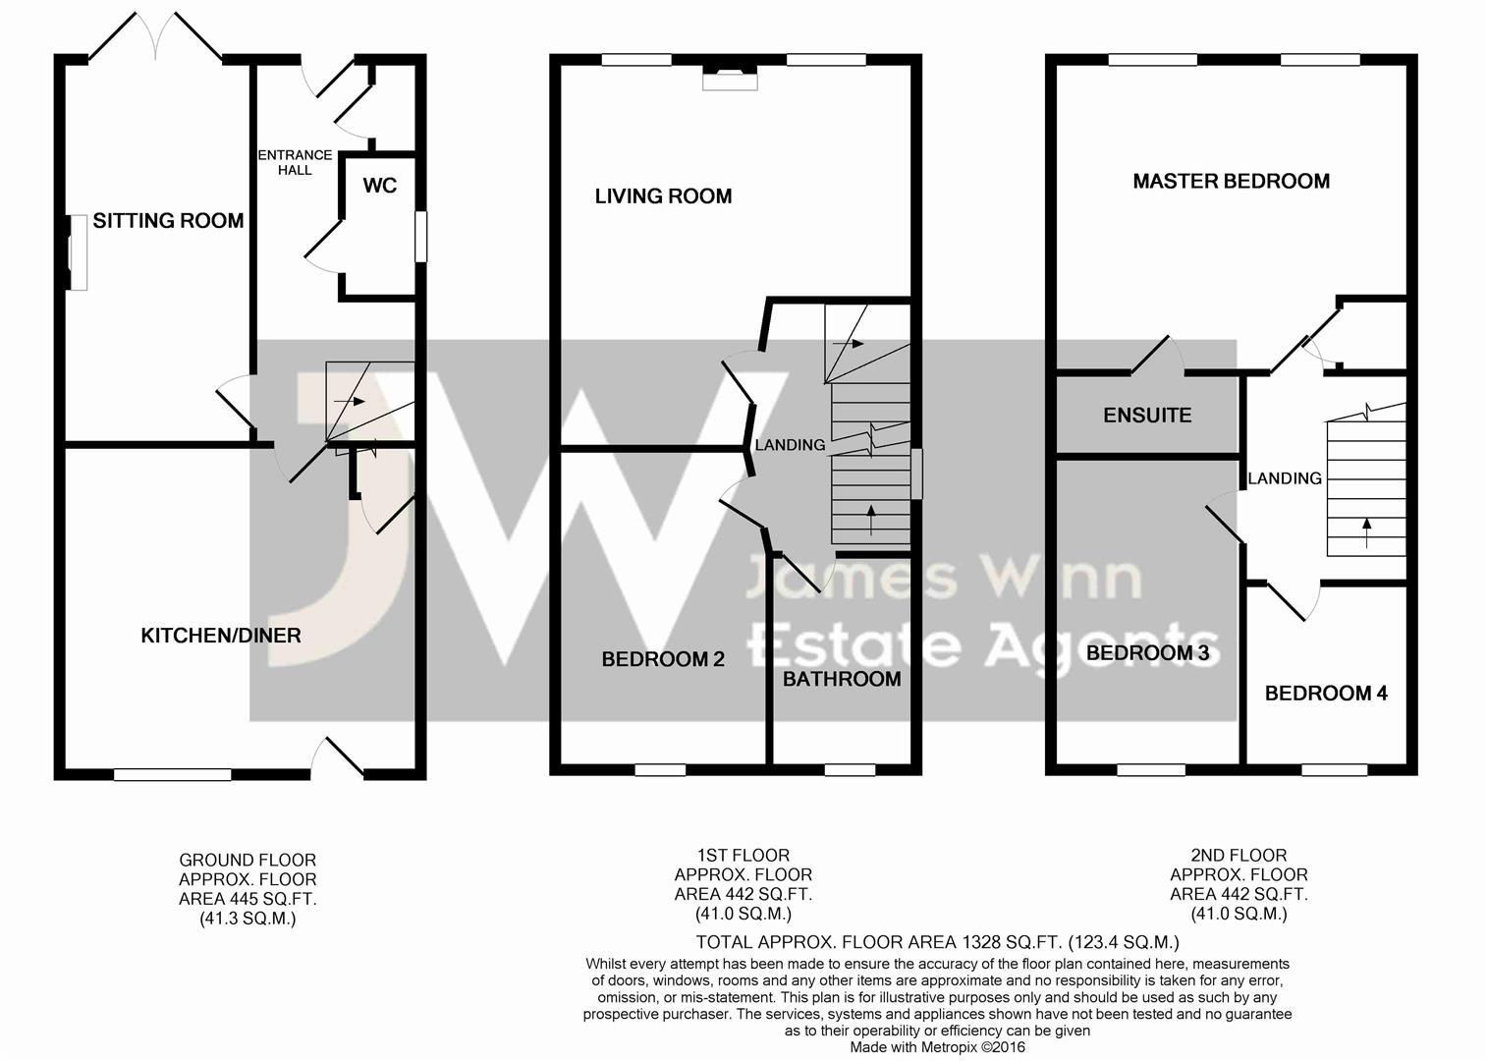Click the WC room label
[380, 186]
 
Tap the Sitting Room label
[168, 221]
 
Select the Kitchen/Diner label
[221, 636]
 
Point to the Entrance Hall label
[295, 162]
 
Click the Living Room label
[663, 196]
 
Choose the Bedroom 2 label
[663, 659]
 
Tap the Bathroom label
[842, 679]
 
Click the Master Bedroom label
[1231, 182]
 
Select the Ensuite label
[1147, 416]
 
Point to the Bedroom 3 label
[1147, 653]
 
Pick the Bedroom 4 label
[1326, 694]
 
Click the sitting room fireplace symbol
[77, 252]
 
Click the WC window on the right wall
[421, 238]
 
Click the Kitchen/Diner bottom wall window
[172, 775]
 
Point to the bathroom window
[850, 770]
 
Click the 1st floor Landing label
[790, 445]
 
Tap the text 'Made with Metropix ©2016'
[937, 1048]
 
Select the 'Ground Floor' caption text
[248, 861]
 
